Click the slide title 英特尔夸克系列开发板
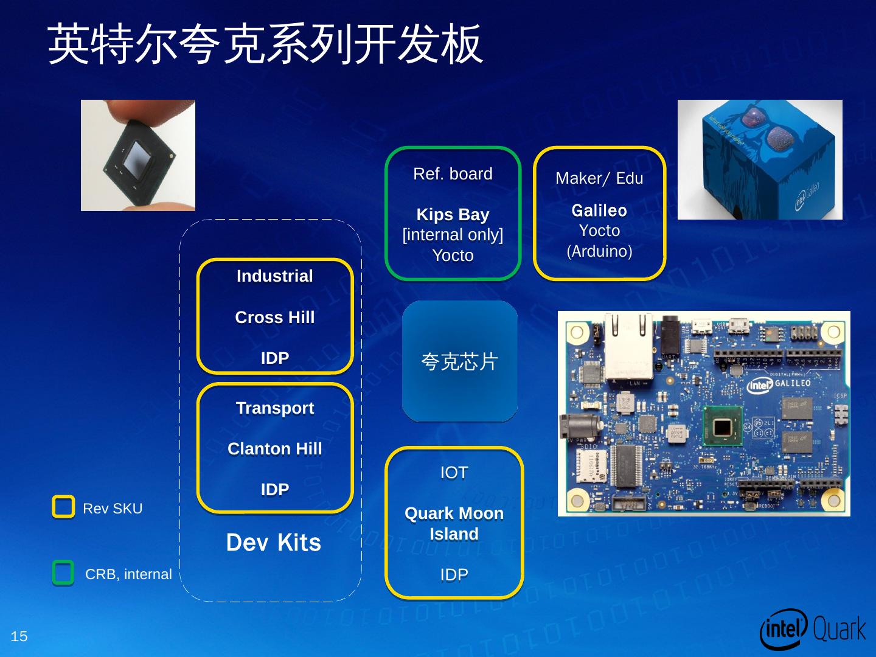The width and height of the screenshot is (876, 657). [x=265, y=44]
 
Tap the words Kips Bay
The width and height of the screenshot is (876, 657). [x=453, y=215]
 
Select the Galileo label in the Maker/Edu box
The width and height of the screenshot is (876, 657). [x=599, y=210]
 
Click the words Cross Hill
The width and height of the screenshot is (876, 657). [x=275, y=318]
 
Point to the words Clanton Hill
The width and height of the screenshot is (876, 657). [x=275, y=449]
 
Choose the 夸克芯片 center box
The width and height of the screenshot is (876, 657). [x=460, y=361]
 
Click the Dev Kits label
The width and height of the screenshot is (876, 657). [x=274, y=543]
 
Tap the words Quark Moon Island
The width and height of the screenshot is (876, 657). [x=454, y=524]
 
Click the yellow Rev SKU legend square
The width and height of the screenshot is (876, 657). [x=63, y=507]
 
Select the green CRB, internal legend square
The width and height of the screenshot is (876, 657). [x=63, y=573]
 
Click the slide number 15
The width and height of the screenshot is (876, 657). [x=19, y=636]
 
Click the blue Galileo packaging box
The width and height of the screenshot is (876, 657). [x=760, y=159]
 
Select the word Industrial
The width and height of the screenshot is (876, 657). [x=275, y=276]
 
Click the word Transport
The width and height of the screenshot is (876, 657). [x=275, y=408]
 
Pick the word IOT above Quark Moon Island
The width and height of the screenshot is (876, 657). [x=454, y=473]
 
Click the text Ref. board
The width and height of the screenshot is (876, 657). [x=453, y=174]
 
